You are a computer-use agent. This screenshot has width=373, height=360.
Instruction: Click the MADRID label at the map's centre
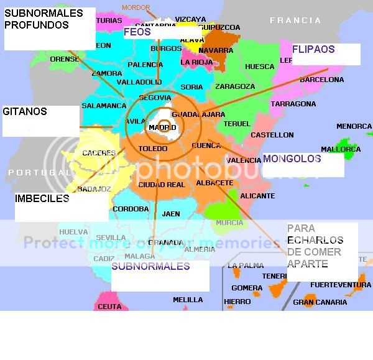(162, 128)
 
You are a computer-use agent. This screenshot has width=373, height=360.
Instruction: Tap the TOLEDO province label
(153, 149)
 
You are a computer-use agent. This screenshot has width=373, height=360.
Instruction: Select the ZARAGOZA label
(235, 87)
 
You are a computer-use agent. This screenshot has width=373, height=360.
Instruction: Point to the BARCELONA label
(321, 80)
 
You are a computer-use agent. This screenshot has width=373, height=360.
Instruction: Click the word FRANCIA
(295, 21)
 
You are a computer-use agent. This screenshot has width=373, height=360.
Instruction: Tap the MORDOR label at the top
(136, 7)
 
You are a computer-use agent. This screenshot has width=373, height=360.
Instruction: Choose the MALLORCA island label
(341, 149)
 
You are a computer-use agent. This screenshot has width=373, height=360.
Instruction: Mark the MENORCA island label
(354, 127)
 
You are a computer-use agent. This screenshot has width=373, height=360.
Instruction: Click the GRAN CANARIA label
(320, 303)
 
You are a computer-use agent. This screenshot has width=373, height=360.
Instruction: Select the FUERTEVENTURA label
(340, 285)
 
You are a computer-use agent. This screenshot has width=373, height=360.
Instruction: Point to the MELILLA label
(188, 300)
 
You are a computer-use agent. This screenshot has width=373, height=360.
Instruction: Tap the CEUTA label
(109, 307)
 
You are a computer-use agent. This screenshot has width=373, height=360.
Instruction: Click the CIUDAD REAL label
(162, 185)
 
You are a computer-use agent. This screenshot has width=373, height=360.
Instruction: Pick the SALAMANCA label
(104, 106)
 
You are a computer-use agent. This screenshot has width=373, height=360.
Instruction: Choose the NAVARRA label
(216, 50)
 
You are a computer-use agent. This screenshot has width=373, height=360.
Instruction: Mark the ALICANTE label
(257, 196)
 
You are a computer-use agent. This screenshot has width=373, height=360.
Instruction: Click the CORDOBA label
(131, 210)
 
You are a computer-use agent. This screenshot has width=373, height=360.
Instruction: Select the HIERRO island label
(237, 302)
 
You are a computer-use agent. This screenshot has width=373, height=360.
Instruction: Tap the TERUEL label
(237, 124)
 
